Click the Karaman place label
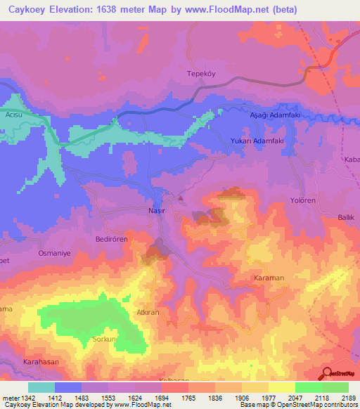(x=268, y=278)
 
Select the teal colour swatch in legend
(x=41, y=387)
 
